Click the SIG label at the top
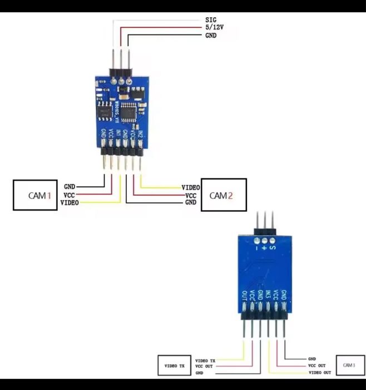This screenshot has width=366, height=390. (x=210, y=19)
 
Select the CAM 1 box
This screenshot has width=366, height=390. (x=36, y=195)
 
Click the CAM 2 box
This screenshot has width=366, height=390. (x=223, y=195)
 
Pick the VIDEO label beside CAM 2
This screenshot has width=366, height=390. (x=191, y=188)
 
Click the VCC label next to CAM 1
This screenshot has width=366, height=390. (x=69, y=195)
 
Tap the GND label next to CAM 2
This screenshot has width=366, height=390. (x=190, y=203)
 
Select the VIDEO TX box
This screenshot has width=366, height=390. (x=174, y=366)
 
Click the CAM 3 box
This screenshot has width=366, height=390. (x=348, y=365)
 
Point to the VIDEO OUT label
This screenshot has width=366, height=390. (x=319, y=372)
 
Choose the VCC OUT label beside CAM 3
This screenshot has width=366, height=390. (x=317, y=365)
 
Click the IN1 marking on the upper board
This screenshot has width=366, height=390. (x=118, y=134)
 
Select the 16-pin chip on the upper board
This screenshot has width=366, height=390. (x=128, y=111)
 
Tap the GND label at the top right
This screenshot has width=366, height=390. (x=210, y=35)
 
